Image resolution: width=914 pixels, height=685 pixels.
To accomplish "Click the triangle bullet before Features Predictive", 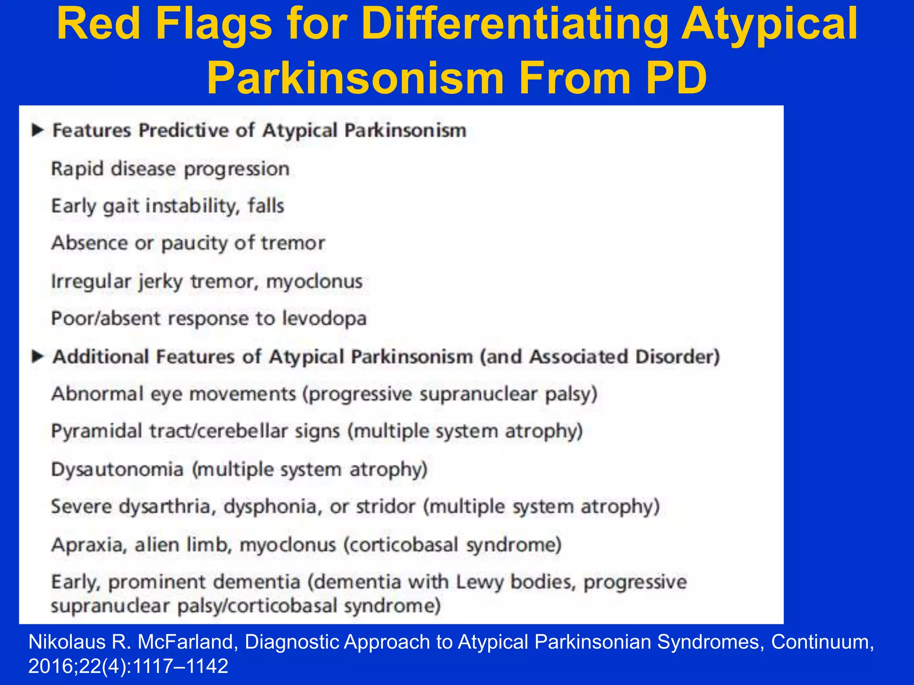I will click(x=37, y=130).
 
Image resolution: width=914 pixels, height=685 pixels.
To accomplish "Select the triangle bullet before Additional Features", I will click(x=37, y=356).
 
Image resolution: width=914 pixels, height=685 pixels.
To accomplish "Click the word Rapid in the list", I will click(x=77, y=169).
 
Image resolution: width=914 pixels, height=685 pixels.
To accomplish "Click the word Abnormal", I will click(x=97, y=394).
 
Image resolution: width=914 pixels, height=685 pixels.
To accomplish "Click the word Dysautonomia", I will click(x=117, y=470).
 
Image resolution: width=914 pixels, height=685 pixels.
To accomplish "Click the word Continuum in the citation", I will click(x=822, y=642).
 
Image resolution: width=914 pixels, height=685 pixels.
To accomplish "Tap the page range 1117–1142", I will click(x=180, y=666).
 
